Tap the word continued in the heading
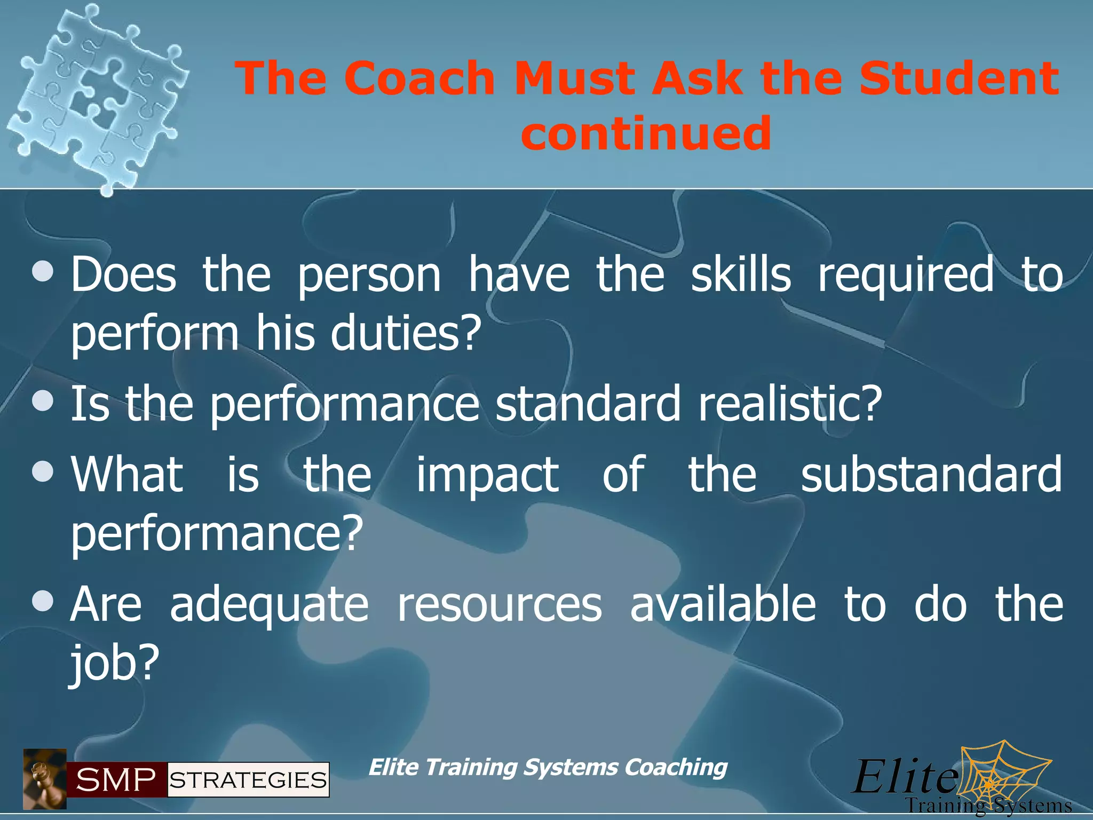click(x=646, y=133)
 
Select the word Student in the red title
click(x=959, y=79)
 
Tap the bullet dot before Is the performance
click(x=43, y=401)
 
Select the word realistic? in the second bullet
click(x=790, y=404)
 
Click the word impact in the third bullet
click(x=487, y=475)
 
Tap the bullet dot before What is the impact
click(x=43, y=472)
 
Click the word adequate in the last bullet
click(x=269, y=606)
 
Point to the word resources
click(x=500, y=605)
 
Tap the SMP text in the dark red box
click(x=116, y=780)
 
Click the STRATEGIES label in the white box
click(x=248, y=780)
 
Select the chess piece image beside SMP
click(x=45, y=778)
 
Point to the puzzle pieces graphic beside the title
click(x=96, y=99)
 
